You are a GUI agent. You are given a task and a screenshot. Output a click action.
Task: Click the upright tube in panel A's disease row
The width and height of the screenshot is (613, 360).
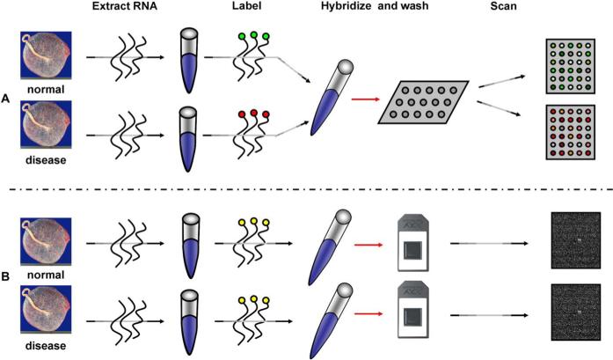[x=187, y=134]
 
